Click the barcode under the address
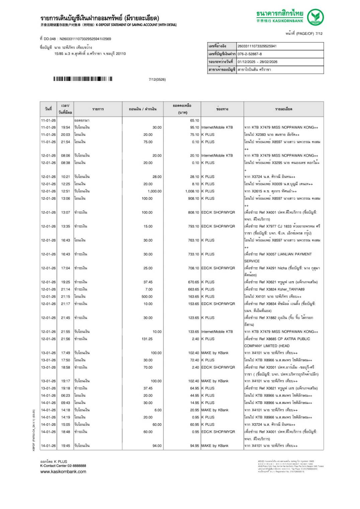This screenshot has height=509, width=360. pos(83,79)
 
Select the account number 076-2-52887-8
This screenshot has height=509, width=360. pos(250,54)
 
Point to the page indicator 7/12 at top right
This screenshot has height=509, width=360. pos(319,33)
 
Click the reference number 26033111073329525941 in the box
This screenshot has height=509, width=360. pos(257,46)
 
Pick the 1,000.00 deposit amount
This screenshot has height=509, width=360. pos(155,191)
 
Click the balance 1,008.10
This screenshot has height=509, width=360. pos(192,191)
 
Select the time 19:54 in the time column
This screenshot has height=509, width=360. pos(66,127)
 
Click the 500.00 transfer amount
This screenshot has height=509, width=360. pos(147,297)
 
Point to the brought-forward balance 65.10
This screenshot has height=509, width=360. pos(194,120)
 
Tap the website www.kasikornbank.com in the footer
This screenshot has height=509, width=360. pos(63,472)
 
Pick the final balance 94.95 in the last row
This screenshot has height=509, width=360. pos(194,446)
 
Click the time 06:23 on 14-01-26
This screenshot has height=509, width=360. pos(66,396)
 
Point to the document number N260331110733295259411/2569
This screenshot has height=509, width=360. pos(85,39)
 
